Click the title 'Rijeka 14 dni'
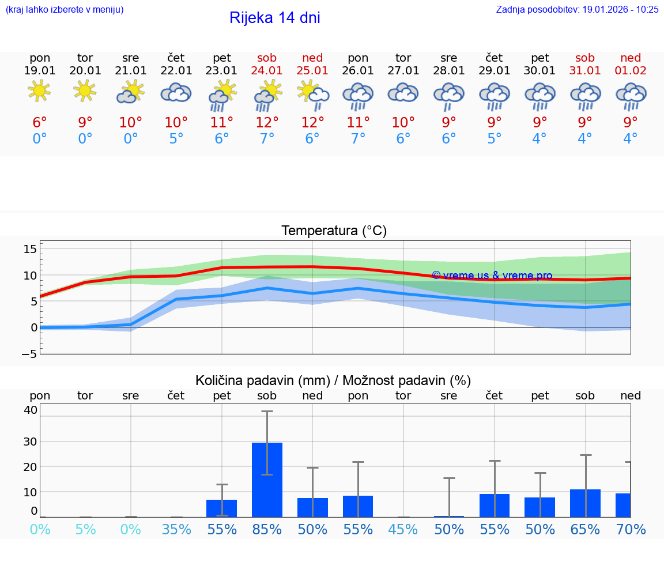tap(274, 18)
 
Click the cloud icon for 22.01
tap(176, 93)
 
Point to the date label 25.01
tap(312, 71)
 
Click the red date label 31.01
tap(585, 71)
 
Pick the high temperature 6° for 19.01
tap(39, 122)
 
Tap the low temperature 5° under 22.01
tap(176, 139)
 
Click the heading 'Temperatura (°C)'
tap(334, 231)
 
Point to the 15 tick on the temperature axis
tap(30, 249)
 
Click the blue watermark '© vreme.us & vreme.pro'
tap(492, 276)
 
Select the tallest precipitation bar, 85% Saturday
tap(267, 480)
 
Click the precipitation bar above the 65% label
tap(585, 503)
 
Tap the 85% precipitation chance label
tap(267, 530)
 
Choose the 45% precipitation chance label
tap(403, 530)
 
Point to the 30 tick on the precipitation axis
tap(30, 442)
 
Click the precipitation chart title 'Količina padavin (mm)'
tap(263, 380)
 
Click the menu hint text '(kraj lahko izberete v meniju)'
tap(65, 10)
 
